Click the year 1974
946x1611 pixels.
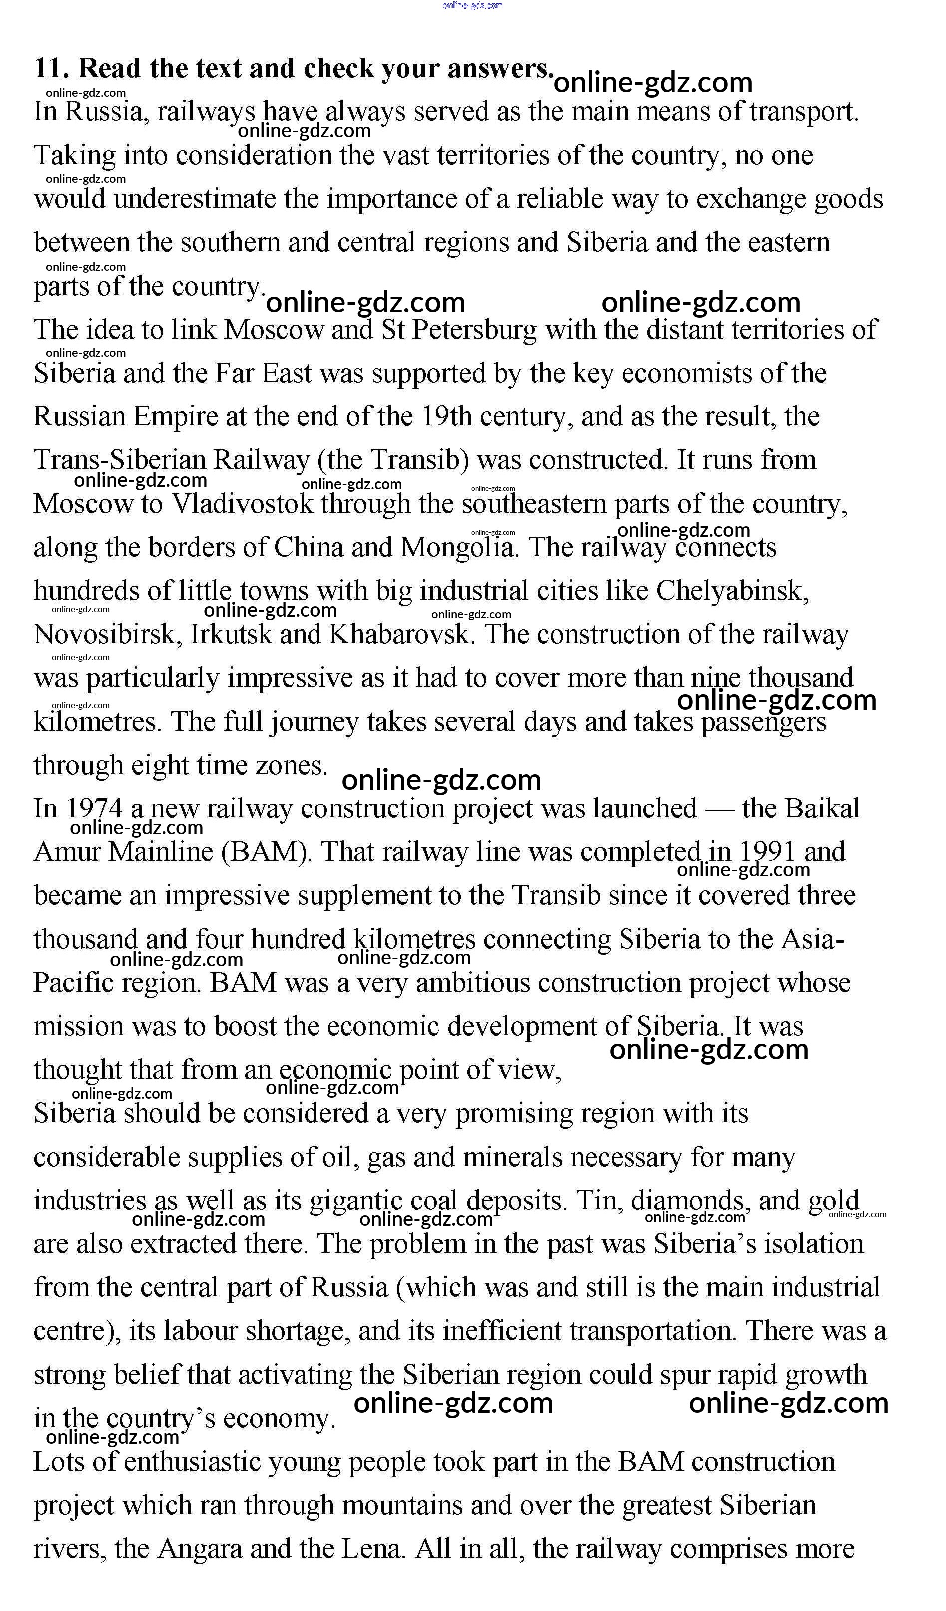pyautogui.click(x=93, y=808)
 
